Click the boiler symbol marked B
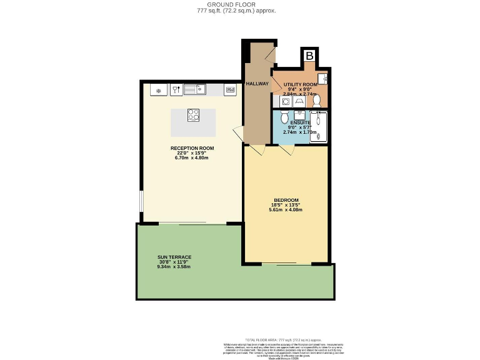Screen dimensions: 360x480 click(x=309, y=56)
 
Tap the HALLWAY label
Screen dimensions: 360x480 click(x=257, y=83)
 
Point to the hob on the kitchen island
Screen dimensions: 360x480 click(x=193, y=115)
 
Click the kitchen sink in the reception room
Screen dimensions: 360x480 click(x=194, y=90)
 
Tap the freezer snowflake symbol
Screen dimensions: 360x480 click(x=159, y=91)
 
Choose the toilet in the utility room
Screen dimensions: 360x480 click(x=316, y=100)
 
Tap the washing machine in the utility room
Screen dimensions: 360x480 click(x=277, y=101)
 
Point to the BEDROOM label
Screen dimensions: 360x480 click(x=286, y=200)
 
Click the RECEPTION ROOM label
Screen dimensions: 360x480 click(x=192, y=148)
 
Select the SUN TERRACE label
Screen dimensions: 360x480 click(x=174, y=257)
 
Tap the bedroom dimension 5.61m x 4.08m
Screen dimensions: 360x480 click(x=286, y=210)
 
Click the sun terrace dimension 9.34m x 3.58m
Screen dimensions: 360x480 click(x=174, y=267)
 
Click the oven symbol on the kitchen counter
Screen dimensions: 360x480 click(x=231, y=90)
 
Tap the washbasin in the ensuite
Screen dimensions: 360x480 click(x=300, y=114)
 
